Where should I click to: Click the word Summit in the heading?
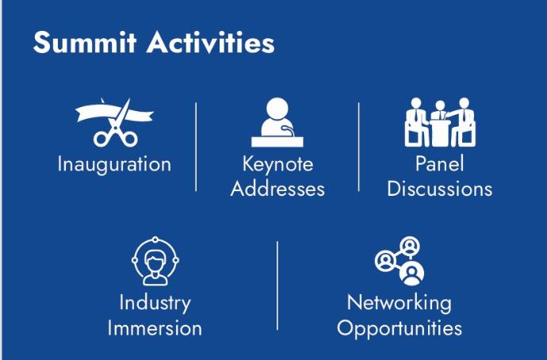point(85,43)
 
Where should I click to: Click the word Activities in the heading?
point(210,43)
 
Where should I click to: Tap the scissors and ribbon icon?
point(115,122)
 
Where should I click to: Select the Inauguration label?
point(114,164)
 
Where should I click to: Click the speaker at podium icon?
point(277,122)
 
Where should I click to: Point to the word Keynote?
point(277,164)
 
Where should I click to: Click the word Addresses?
point(277,189)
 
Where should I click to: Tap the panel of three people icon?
point(440,122)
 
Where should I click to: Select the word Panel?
point(439,163)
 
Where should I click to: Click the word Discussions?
point(439,189)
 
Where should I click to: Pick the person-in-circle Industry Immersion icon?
point(155,261)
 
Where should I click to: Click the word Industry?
point(155,303)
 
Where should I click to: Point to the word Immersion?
point(155,328)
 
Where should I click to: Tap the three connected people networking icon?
point(400,261)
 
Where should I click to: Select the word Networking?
point(400,303)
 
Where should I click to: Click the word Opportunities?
point(400,328)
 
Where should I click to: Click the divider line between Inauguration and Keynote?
point(196,147)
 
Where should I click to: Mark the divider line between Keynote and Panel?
point(358,147)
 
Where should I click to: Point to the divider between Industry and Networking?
point(277,285)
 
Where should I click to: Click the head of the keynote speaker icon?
point(277,108)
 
